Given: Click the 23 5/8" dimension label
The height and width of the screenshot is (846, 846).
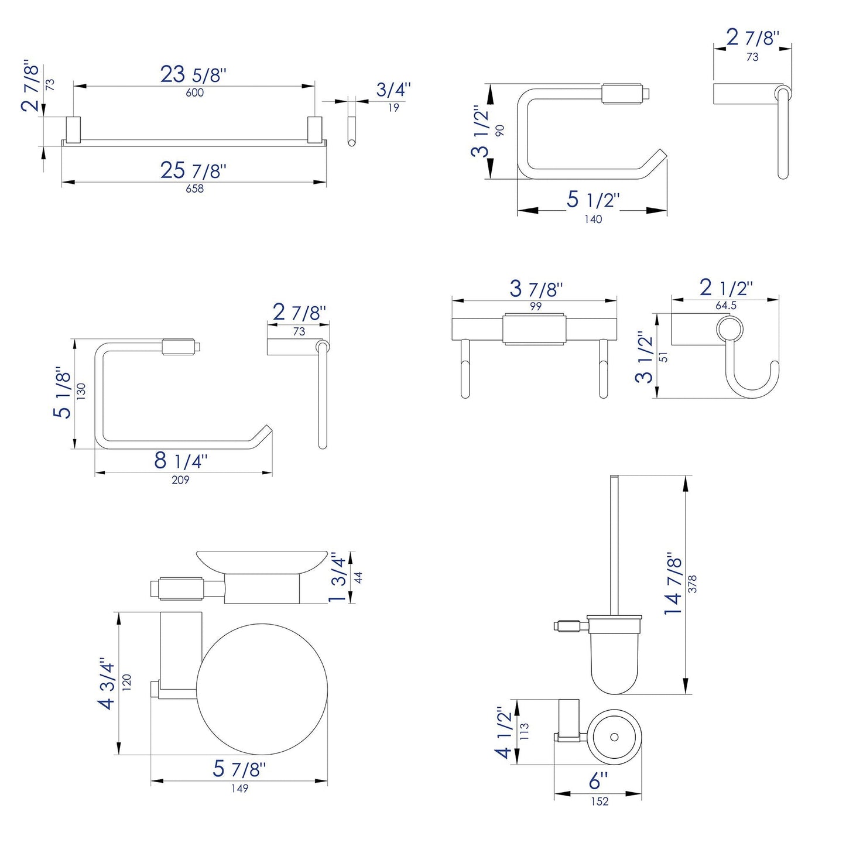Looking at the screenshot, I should (193, 75).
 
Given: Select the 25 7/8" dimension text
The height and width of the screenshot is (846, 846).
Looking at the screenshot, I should (193, 170).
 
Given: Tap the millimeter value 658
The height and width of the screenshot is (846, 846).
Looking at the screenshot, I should (194, 189).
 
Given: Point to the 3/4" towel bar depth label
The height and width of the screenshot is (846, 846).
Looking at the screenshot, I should (393, 90).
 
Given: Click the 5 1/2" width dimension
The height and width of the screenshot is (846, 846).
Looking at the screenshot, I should (592, 200).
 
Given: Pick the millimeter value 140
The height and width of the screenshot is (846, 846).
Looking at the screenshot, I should (593, 219).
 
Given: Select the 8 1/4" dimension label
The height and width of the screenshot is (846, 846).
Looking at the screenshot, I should (180, 461).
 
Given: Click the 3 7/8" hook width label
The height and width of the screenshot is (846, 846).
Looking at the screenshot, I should (536, 289).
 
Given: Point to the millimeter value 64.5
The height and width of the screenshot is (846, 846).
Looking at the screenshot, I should (725, 306).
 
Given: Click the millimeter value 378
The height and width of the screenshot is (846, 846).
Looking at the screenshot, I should (693, 584).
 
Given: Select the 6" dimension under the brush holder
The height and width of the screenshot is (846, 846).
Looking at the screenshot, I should (598, 781).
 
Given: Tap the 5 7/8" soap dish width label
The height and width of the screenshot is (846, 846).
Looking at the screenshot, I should (239, 769).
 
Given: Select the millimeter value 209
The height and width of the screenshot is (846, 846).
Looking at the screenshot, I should (180, 479).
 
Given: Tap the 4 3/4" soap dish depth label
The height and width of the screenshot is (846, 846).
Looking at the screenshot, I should (108, 683).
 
